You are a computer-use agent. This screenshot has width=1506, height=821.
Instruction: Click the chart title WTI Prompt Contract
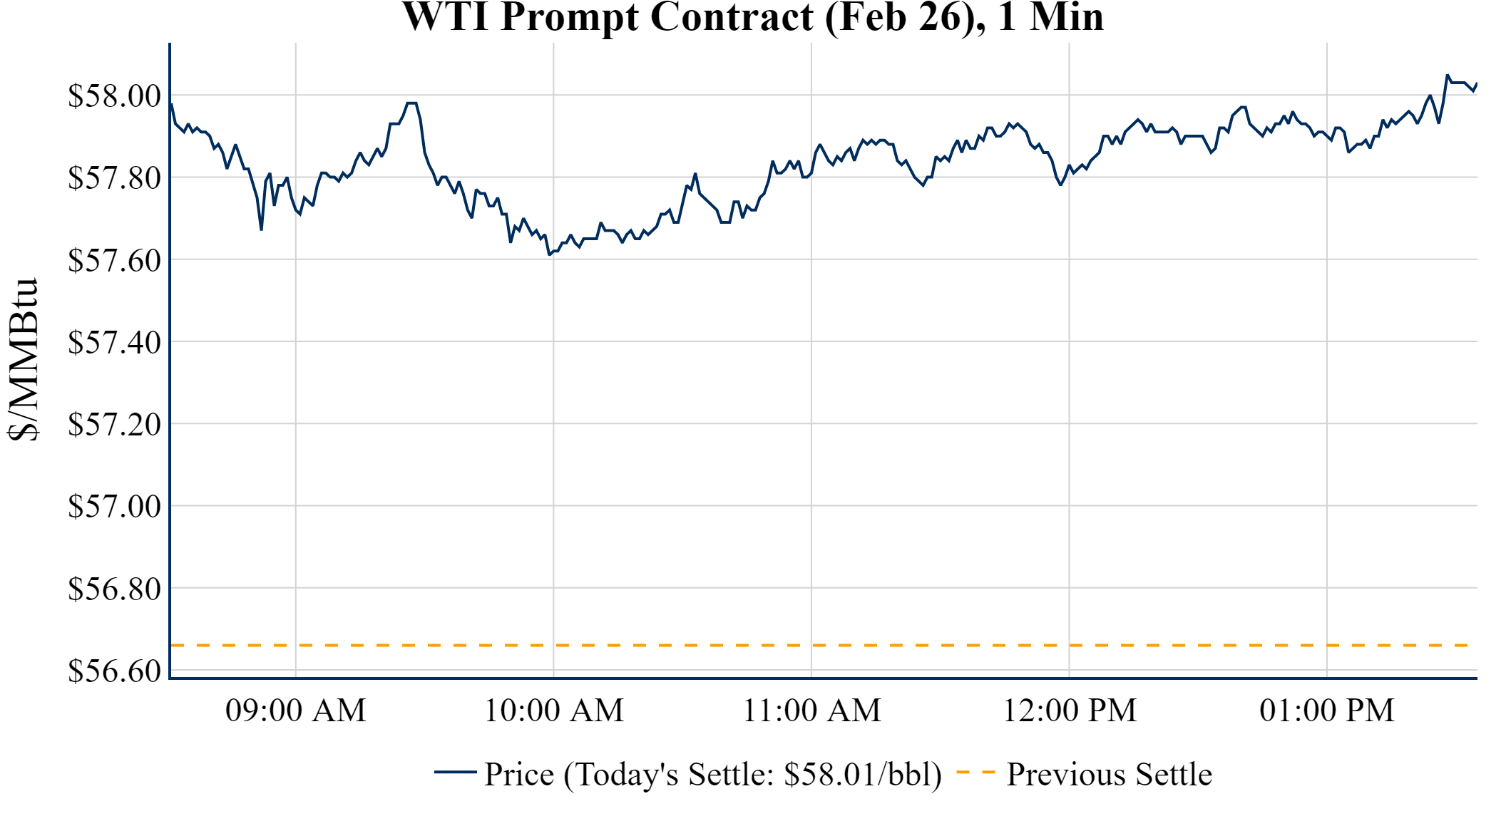tap(753, 17)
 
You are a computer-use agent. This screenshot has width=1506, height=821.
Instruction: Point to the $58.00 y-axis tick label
tap(114, 95)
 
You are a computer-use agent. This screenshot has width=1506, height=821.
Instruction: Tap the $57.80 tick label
tap(114, 177)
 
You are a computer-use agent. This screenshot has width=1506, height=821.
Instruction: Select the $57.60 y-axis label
tap(114, 260)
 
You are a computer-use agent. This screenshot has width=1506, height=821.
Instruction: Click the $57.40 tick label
tap(114, 342)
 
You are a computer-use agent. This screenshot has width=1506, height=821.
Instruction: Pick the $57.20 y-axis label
tap(114, 424)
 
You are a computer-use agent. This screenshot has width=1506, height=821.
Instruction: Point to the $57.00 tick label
tap(114, 506)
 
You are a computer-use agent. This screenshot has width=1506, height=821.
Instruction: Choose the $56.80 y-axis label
tap(114, 589)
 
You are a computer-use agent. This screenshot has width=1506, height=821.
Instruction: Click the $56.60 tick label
tap(114, 671)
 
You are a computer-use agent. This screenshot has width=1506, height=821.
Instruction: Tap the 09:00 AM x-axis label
tap(296, 711)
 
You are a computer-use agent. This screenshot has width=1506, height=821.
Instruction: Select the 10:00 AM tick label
tap(554, 711)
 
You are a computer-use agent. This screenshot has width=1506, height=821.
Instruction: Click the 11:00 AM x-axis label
tap(812, 711)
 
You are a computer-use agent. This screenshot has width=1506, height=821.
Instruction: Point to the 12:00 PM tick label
tap(1070, 711)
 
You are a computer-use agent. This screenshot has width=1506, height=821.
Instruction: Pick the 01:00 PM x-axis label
tap(1327, 711)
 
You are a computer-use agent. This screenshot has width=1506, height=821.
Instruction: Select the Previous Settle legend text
tap(1109, 774)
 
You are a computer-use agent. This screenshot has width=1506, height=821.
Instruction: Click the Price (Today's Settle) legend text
tap(713, 774)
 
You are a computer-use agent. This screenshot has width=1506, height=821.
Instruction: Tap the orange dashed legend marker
tap(975, 773)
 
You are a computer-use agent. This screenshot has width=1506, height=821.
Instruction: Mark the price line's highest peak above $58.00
tap(1447, 75)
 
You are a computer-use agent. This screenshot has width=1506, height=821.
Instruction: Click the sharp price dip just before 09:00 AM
tap(262, 229)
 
